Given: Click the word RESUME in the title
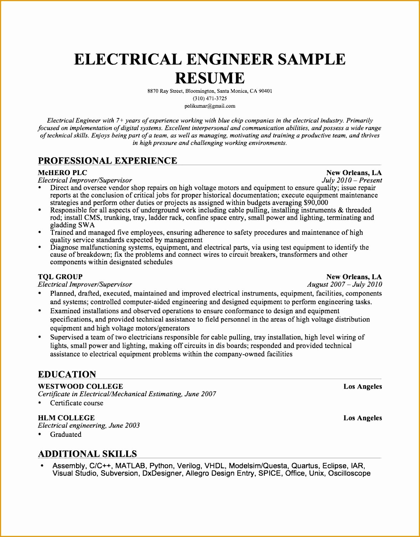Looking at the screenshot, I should [210, 78].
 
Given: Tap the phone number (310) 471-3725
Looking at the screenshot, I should [210, 98].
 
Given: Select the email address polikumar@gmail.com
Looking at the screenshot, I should [210, 106].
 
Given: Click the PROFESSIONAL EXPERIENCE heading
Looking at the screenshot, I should [107, 161].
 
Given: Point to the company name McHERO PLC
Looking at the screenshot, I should [62, 173].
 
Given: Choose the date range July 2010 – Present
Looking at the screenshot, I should [352, 180].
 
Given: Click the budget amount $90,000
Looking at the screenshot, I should [316, 203].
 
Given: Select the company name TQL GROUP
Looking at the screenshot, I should [60, 277].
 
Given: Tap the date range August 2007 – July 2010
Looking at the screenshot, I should [344, 284].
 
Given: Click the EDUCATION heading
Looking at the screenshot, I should [67, 374].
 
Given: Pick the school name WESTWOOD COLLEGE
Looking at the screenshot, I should [81, 387].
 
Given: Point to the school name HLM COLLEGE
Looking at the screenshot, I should [66, 418].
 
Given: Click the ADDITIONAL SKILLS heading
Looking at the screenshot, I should [87, 454].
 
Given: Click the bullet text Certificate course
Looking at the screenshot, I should [77, 403].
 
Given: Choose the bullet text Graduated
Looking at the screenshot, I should [66, 434].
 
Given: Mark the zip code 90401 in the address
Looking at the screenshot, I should [265, 91].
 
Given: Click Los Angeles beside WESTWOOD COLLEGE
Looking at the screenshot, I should [363, 387].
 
